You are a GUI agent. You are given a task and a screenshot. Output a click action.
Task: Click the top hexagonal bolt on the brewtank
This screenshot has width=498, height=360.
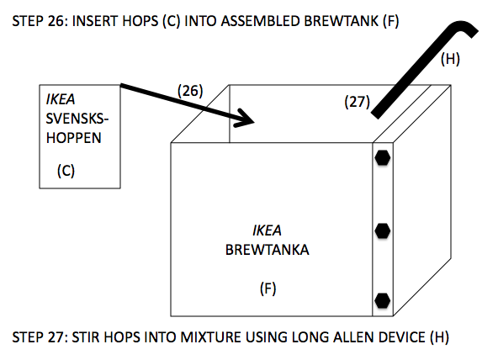coord(383,158)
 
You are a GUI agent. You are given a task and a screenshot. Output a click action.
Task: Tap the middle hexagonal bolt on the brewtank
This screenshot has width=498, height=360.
coord(383,230)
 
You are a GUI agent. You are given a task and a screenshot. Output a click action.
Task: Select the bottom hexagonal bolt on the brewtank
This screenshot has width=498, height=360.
coord(383,300)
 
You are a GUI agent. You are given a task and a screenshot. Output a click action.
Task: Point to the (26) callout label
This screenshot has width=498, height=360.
coord(190,91)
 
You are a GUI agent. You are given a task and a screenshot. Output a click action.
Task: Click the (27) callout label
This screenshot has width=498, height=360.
coord(358,103)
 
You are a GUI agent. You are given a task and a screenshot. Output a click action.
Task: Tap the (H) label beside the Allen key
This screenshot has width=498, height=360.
coord(450,59)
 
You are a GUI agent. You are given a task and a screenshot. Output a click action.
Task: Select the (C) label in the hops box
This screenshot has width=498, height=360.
coord(66,171)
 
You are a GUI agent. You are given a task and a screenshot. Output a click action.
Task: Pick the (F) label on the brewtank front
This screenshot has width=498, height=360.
coord(268,289)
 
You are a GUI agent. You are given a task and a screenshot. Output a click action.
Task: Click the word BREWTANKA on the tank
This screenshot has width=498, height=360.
coord(268,250)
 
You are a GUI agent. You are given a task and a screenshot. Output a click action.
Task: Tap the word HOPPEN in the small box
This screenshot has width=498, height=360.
coord(74,138)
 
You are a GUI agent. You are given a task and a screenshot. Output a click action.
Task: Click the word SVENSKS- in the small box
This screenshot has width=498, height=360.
coord(77,119)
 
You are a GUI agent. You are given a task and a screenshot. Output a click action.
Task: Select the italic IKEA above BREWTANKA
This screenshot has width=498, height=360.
coord(267,230)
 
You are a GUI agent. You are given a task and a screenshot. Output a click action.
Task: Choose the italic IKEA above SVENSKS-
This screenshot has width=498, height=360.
coord(61,100)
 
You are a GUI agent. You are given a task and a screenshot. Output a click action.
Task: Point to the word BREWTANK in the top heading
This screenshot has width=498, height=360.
coord(341,21)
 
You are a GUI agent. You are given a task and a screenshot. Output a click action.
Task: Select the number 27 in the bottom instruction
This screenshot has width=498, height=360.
coord(58,337)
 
